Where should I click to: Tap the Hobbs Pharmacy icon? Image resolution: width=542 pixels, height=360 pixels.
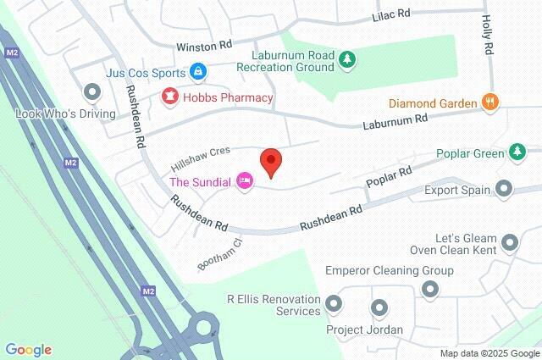click(170, 97)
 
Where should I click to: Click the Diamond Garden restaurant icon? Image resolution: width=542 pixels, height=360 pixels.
click(489, 103)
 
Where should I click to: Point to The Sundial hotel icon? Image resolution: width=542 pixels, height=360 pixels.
click(245, 181)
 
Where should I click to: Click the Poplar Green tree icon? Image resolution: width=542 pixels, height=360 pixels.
click(517, 152)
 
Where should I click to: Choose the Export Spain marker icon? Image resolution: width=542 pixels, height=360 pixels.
click(504, 189)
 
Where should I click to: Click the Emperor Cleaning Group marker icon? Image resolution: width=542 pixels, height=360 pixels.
click(430, 290)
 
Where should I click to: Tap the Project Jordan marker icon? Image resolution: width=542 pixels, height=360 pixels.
click(379, 307)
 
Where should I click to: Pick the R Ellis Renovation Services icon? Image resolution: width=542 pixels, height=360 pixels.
click(333, 302)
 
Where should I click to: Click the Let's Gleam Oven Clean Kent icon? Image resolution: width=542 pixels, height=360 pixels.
click(509, 243)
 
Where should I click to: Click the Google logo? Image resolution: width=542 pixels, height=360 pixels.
click(28, 350)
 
